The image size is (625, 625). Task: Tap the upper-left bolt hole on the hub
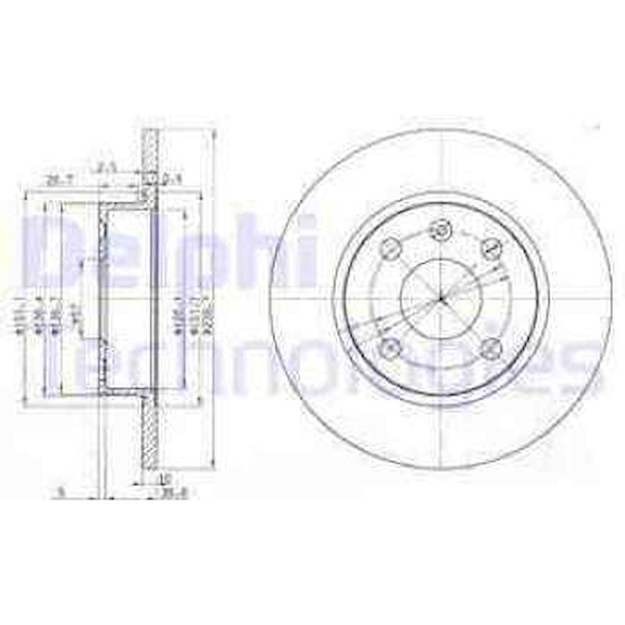391,247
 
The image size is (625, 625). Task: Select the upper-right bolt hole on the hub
490,247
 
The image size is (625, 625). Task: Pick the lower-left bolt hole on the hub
391,347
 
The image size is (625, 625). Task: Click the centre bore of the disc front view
441,299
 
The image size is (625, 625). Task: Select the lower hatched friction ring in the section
151,434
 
